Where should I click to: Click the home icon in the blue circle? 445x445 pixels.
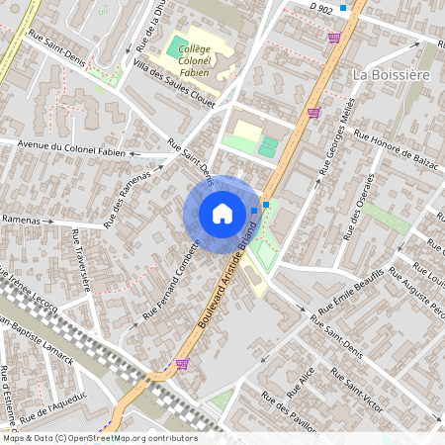pyautogui.click(x=222, y=213)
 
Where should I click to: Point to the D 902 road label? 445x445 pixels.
pyautogui.click(x=320, y=8)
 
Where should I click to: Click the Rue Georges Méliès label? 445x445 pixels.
pyautogui.click(x=337, y=144)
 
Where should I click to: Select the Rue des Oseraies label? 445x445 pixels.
pyautogui.click(x=359, y=208)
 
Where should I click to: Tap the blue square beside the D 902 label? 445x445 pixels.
pyautogui.click(x=343, y=8)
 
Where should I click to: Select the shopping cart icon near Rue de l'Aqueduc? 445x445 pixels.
pyautogui.click(x=182, y=364)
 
